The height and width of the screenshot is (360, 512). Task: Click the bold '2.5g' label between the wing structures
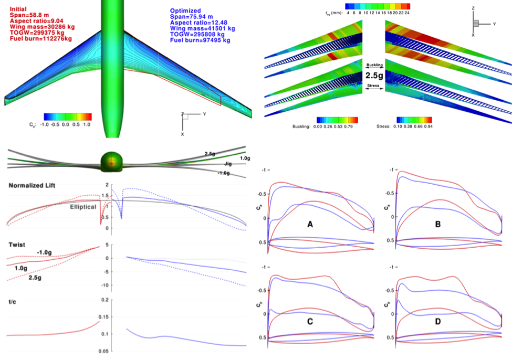point(374,75)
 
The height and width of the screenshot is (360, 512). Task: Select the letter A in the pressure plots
point(310,225)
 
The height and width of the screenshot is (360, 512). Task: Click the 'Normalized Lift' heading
point(33,185)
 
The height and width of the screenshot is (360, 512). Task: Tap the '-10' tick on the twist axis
point(107,285)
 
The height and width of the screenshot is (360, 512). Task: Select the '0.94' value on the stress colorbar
point(428,126)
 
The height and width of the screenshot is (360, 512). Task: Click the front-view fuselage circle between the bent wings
point(111,162)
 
